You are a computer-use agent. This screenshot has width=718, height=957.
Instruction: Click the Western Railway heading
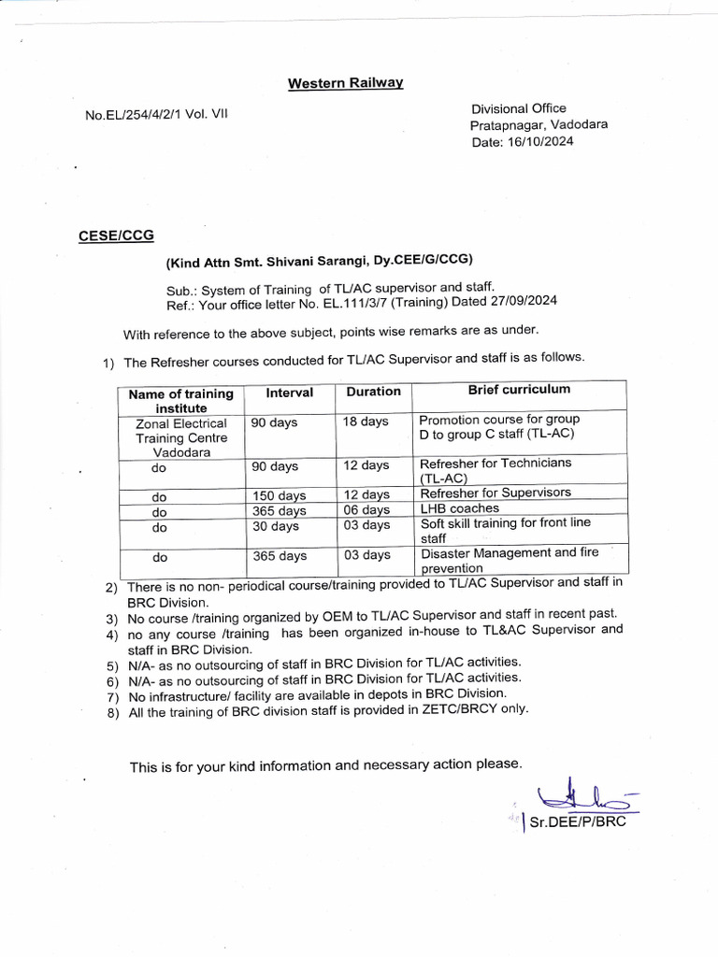[x=345, y=84]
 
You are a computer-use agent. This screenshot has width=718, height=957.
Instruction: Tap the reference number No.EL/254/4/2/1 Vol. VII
[x=156, y=115]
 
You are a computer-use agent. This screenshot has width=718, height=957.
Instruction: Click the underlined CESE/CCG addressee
[x=116, y=236]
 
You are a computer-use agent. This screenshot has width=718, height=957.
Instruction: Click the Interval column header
[x=289, y=393]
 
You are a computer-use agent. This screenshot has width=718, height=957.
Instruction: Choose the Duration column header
[x=373, y=392]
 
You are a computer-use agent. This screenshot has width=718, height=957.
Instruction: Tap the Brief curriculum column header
[x=519, y=390]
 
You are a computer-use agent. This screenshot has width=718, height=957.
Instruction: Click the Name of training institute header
[x=180, y=401]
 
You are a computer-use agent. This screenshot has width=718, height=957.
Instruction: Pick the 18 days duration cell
[x=366, y=421]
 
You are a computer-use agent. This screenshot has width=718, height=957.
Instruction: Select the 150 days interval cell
[x=280, y=494]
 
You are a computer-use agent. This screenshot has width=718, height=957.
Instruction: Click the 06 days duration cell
[x=366, y=509]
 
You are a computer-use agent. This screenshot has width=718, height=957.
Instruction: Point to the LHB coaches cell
[x=460, y=508]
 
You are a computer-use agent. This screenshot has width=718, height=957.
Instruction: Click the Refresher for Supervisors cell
[x=495, y=493]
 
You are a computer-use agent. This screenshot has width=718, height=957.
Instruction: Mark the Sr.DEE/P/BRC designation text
[x=577, y=822]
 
